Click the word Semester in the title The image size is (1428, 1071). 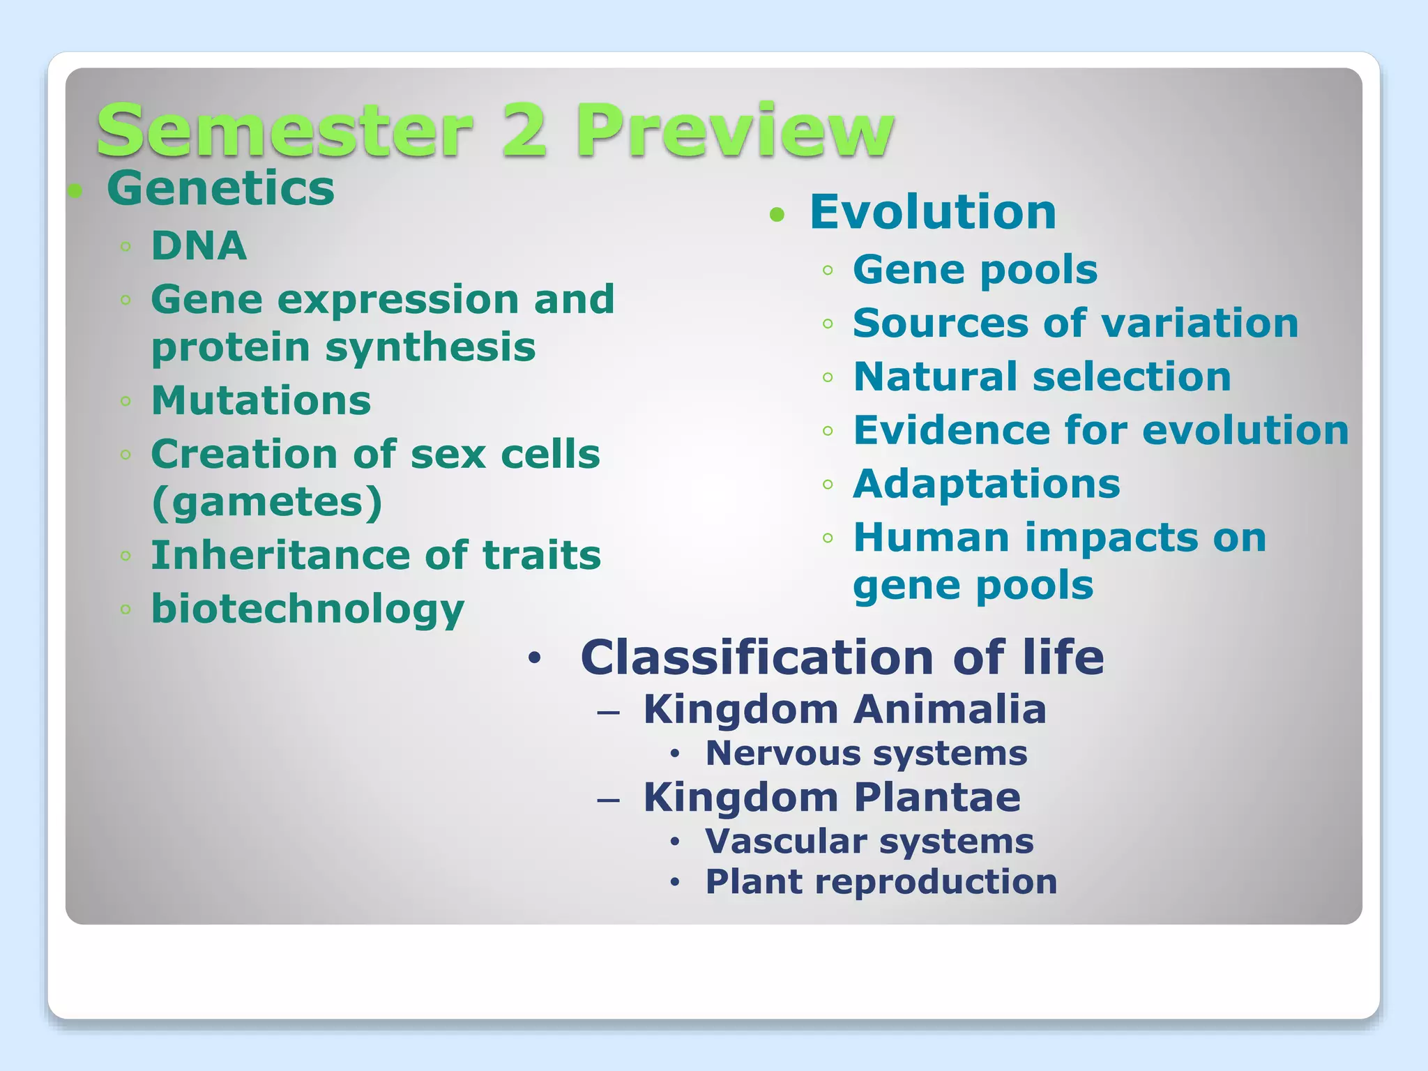[x=284, y=131]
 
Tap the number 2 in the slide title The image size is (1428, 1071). [x=523, y=131]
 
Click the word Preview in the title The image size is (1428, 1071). [x=735, y=131]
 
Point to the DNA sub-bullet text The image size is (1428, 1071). [x=199, y=245]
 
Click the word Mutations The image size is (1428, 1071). [x=261, y=400]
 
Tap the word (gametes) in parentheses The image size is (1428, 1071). [x=267, y=501]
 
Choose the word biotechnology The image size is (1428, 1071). [x=307, y=609]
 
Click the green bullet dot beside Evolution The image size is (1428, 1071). [x=777, y=215]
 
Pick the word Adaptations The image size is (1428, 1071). [x=986, y=484]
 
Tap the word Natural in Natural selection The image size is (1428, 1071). [x=936, y=377]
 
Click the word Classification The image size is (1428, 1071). [x=757, y=658]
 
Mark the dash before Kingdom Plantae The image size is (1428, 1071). [x=608, y=800]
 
